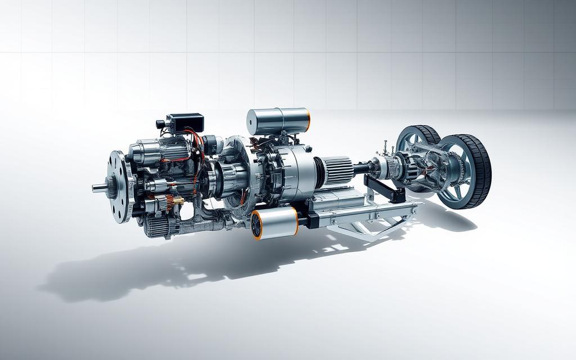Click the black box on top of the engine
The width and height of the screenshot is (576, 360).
[185, 122]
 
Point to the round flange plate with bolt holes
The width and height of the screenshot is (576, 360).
[119, 186]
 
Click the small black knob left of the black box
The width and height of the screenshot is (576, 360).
[161, 124]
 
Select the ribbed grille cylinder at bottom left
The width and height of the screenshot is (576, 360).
[157, 225]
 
